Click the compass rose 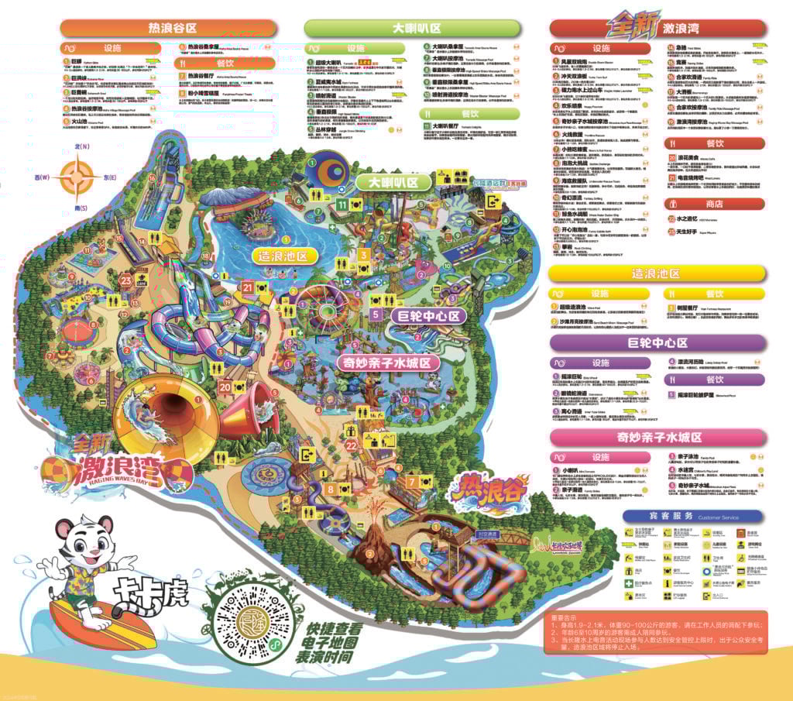pos(76,177)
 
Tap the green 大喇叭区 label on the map pos(393,183)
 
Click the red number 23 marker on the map pos(126,282)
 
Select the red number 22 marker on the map pos(351,445)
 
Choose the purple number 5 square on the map pos(376,314)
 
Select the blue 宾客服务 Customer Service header pos(692,517)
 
